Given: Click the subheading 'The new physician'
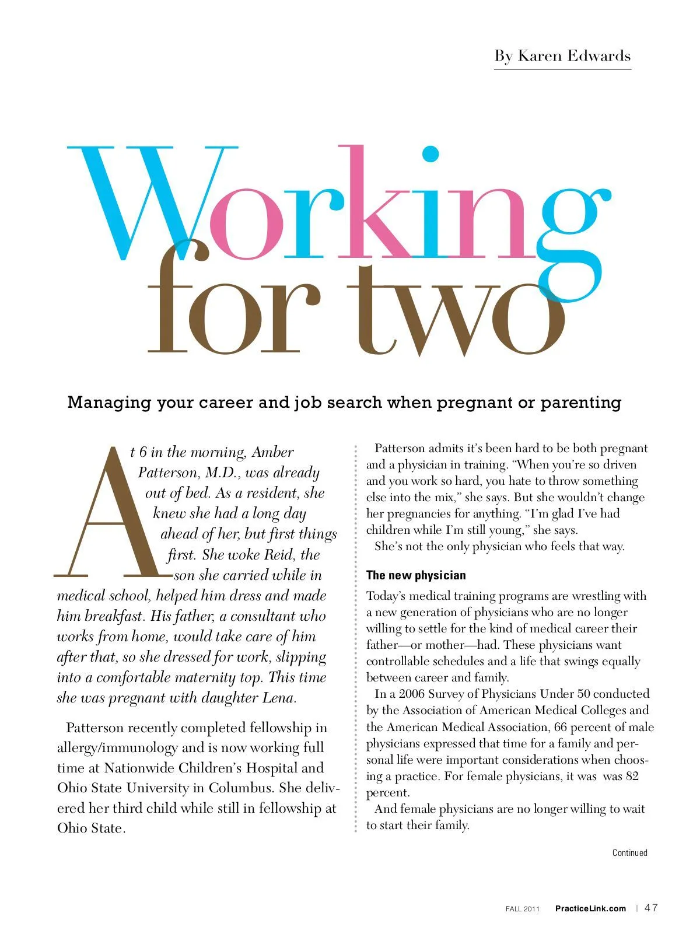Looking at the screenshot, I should click(x=416, y=575).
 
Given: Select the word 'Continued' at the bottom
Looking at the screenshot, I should click(x=629, y=852).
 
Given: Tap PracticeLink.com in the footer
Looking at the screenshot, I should click(x=590, y=908).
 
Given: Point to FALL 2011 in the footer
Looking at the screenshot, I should click(x=523, y=909).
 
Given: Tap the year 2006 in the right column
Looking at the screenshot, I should click(x=411, y=694).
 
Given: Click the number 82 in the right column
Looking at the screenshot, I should click(x=631, y=776).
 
